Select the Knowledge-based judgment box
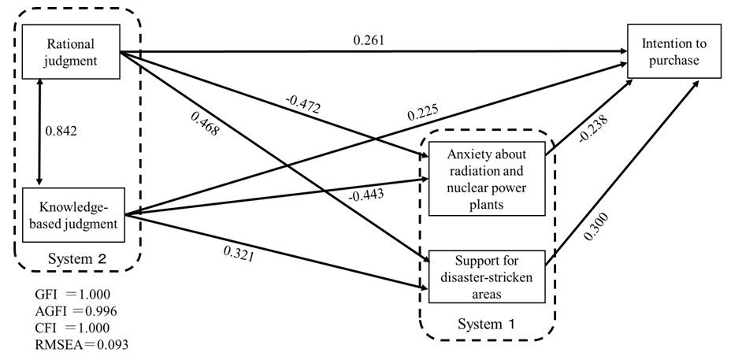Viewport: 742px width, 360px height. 71,215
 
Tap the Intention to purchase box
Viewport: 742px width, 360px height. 673,51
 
